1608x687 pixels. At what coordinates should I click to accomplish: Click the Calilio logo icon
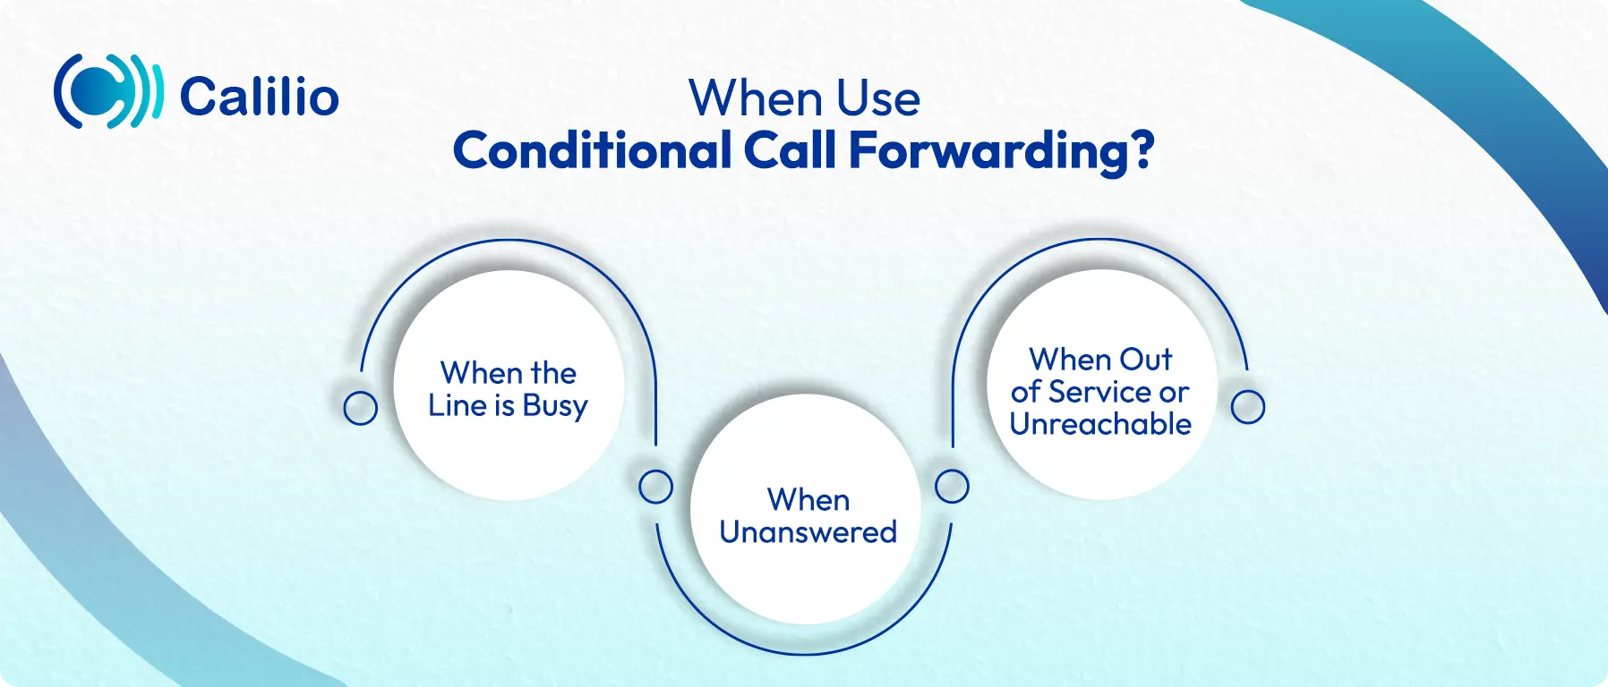[108, 91]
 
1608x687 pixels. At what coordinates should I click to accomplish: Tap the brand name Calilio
[260, 96]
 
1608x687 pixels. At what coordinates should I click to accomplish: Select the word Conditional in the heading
[593, 150]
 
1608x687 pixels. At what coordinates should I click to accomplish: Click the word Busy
[555, 407]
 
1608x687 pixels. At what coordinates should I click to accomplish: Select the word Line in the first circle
[457, 405]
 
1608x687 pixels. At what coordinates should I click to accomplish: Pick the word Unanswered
[808, 532]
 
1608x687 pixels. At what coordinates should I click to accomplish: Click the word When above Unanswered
[808, 499]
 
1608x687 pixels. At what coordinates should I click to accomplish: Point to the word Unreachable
[1100, 424]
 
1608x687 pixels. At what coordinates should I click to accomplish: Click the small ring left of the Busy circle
[361, 408]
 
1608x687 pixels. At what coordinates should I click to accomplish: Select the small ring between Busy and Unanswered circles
[656, 487]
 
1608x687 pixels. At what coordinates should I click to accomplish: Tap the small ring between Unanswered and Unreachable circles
[952, 487]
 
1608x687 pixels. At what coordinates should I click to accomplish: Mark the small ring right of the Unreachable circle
[1248, 407]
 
